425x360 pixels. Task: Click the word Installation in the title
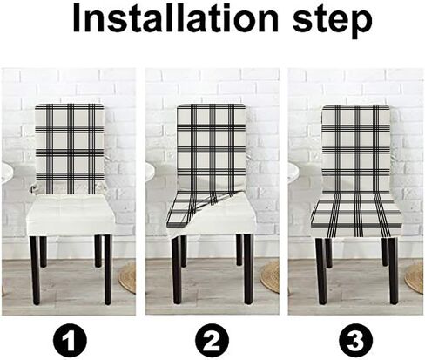coord(175,18)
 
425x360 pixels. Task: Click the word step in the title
coord(333,21)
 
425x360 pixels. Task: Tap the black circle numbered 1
coord(70,340)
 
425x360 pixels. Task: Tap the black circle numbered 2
coord(212,340)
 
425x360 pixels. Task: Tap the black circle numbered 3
coord(356,340)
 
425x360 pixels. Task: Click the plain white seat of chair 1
coord(71,215)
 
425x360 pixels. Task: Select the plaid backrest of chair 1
coord(70,149)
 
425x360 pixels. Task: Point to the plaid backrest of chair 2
coord(212,146)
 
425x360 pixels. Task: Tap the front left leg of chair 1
coord(35,270)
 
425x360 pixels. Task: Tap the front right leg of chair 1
coord(108,269)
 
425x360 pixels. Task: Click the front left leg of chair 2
coord(177,271)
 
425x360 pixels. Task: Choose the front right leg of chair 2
coord(248,269)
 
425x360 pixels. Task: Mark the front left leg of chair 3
coord(321,271)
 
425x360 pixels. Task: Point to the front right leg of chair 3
coord(394,271)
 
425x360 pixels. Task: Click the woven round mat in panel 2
coord(270,276)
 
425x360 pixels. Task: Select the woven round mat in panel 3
coord(415,277)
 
